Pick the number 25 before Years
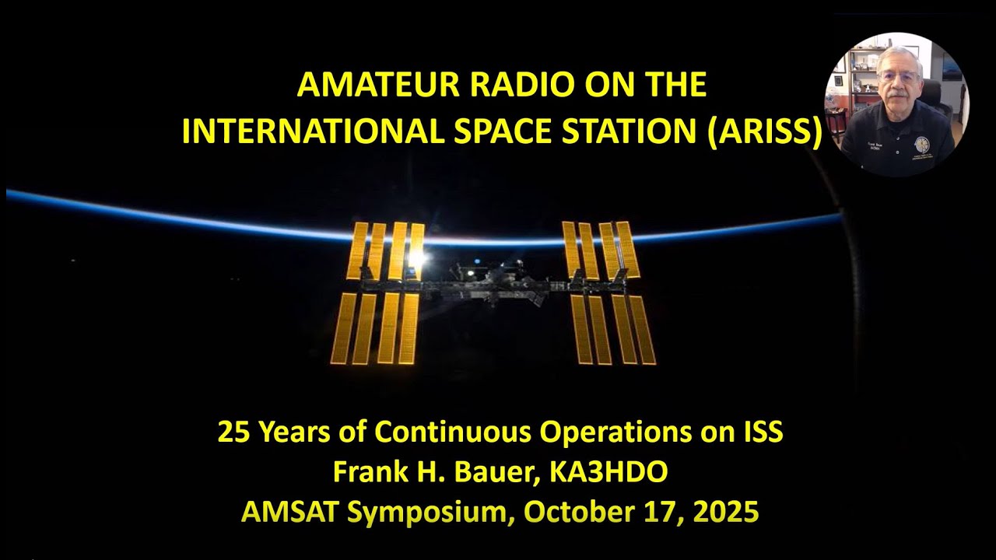coord(232,432)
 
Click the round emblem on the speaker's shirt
coord(923,145)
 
